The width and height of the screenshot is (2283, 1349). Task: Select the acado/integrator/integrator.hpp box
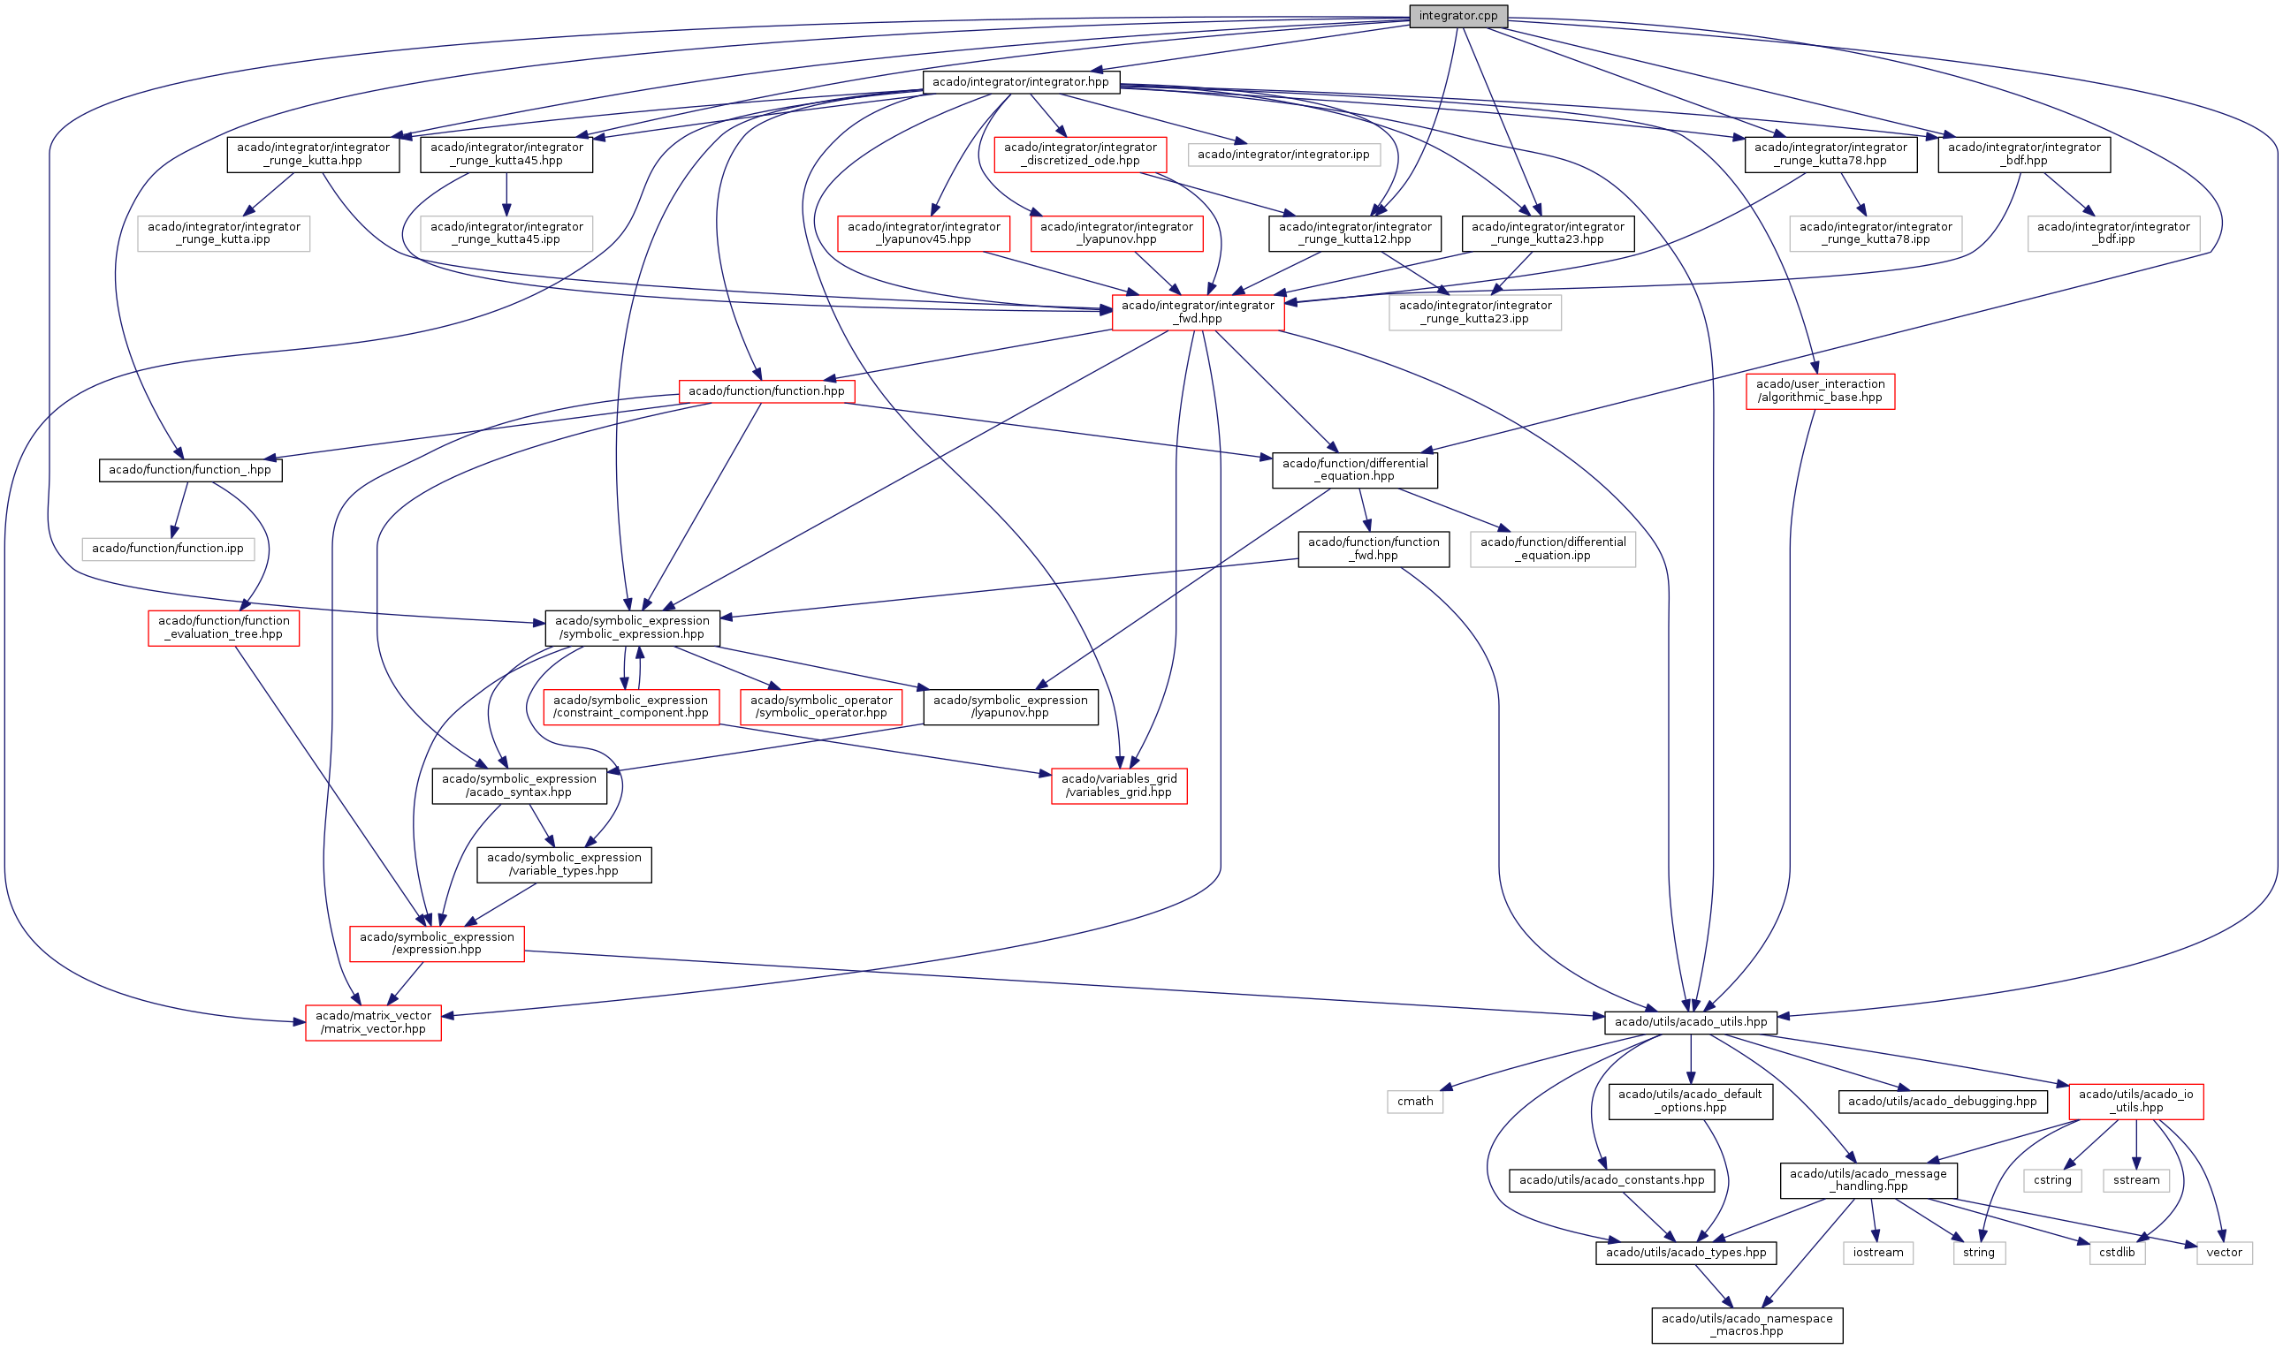click(x=1020, y=82)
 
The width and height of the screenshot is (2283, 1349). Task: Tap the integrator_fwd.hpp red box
click(x=1198, y=312)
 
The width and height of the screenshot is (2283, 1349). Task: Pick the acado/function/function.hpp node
click(x=766, y=390)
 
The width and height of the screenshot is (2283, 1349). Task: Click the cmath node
click(x=1415, y=1101)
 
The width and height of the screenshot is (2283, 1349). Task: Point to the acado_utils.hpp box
click(x=1690, y=1022)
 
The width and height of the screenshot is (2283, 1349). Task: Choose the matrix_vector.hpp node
click(x=373, y=1022)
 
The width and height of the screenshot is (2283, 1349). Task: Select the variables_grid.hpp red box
click(x=1118, y=785)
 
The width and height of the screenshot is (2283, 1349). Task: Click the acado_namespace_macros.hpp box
click(x=1746, y=1324)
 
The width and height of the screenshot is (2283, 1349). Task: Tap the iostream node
click(x=1877, y=1253)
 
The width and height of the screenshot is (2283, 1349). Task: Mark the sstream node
click(x=2135, y=1180)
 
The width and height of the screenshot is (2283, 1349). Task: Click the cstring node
click(x=2052, y=1180)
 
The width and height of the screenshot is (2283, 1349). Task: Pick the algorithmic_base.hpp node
click(x=1819, y=390)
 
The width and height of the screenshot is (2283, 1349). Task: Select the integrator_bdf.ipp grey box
click(x=2113, y=232)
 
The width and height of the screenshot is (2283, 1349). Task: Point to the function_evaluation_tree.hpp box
click(x=224, y=627)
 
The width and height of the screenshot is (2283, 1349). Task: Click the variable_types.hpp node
click(x=564, y=864)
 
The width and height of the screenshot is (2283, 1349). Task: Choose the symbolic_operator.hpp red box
click(x=821, y=707)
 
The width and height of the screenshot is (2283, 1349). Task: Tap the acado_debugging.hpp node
click(x=1942, y=1101)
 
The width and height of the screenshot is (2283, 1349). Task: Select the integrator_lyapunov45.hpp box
click(x=923, y=232)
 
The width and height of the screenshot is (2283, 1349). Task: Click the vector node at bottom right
click(x=2224, y=1253)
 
